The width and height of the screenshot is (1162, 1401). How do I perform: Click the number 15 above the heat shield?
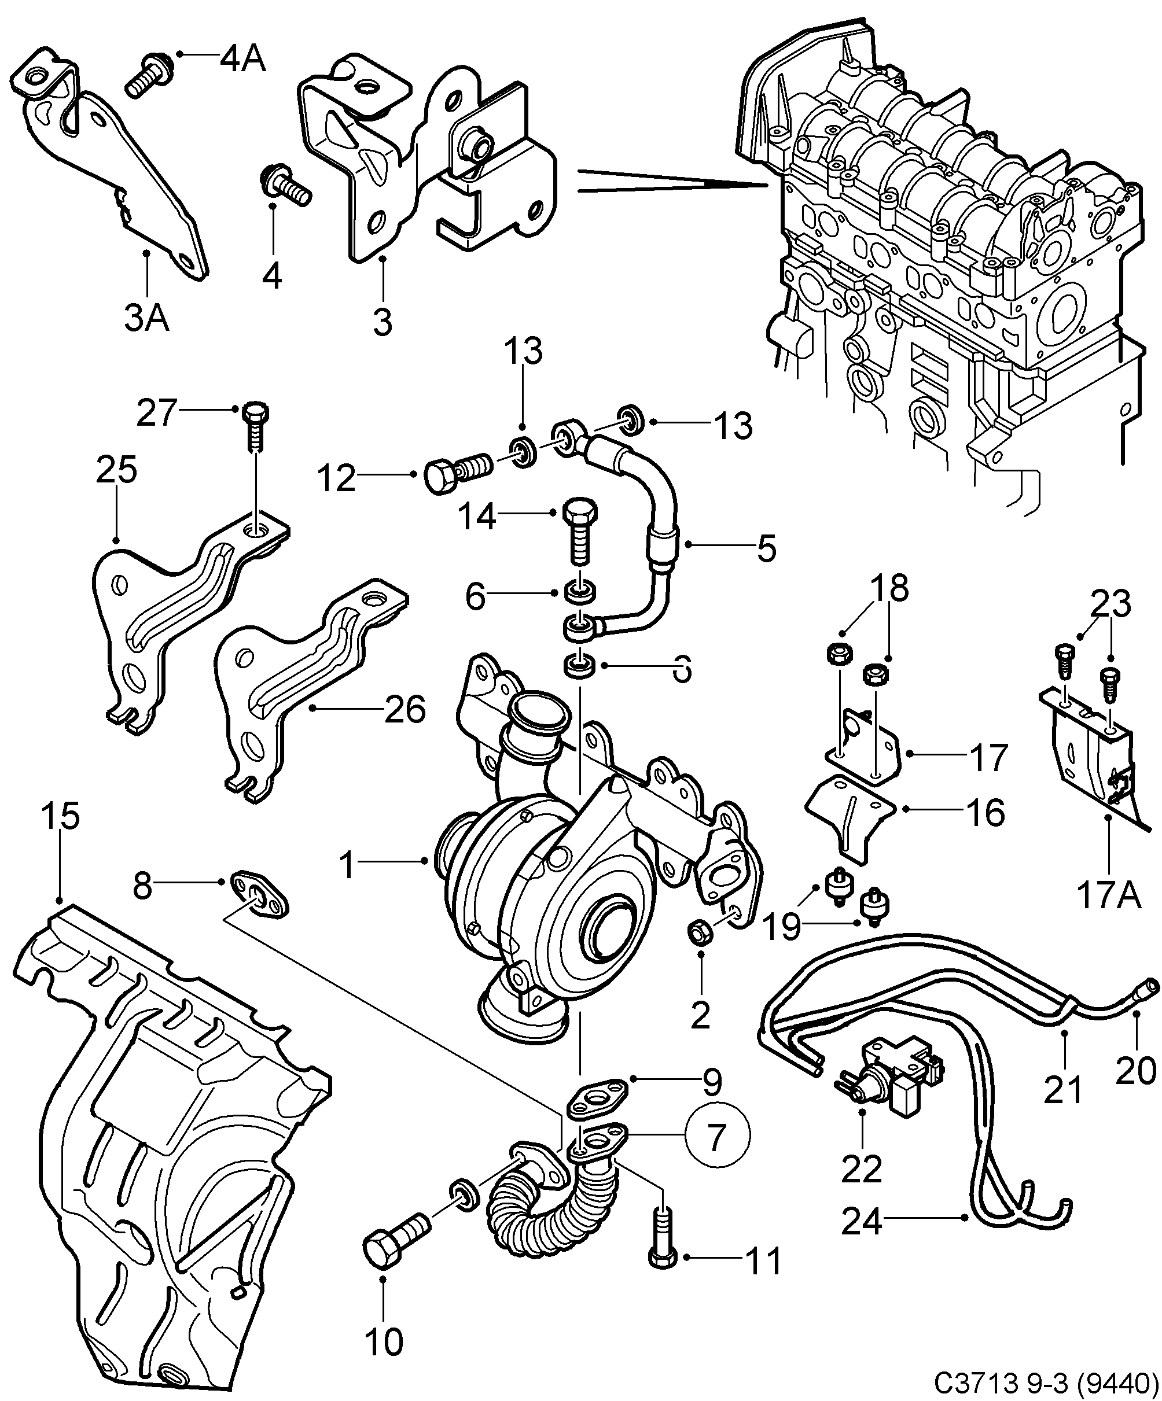(60, 817)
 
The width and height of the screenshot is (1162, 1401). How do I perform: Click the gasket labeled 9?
(596, 1097)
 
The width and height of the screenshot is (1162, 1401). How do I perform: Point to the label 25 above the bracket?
(117, 470)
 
